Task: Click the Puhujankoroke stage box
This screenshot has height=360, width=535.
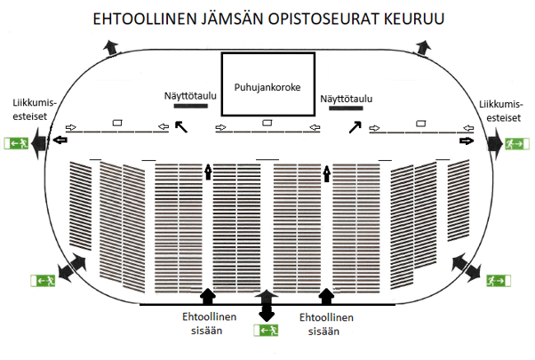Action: (x=267, y=53)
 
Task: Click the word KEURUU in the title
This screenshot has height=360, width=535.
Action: (x=414, y=19)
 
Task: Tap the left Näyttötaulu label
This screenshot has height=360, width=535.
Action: (x=190, y=96)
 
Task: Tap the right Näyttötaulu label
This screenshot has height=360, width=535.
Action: (x=346, y=99)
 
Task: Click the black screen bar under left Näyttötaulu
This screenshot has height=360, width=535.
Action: (x=191, y=106)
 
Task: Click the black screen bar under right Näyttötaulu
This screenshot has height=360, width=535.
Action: (x=346, y=108)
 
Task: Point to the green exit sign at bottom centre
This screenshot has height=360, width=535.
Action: (x=266, y=331)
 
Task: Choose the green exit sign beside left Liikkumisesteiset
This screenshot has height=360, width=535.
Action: (x=16, y=143)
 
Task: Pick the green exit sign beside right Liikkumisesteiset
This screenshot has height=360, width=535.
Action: (x=517, y=144)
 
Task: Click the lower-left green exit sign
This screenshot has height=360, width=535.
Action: (x=43, y=281)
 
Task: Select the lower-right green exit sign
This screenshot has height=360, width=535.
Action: (x=499, y=281)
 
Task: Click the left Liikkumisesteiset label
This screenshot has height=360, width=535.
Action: (x=34, y=109)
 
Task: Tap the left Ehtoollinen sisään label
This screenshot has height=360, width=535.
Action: (x=209, y=324)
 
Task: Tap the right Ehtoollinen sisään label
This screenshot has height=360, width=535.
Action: (x=326, y=324)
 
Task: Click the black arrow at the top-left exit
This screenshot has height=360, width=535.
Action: (x=111, y=47)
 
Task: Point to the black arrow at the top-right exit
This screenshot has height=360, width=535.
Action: (x=423, y=47)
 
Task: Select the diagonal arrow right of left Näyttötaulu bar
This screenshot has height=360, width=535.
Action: (x=181, y=126)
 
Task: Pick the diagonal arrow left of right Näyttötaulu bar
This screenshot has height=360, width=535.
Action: (x=355, y=127)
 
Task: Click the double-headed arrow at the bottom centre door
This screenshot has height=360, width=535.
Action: (x=267, y=306)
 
